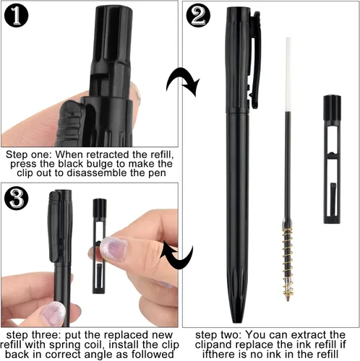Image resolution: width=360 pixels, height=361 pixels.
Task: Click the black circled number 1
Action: click(x=16, y=16)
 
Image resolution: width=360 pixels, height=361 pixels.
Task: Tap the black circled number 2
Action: click(x=198, y=16)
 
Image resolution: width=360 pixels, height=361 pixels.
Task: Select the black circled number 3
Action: click(x=16, y=199)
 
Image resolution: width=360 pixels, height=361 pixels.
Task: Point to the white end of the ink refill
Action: click(x=288, y=74)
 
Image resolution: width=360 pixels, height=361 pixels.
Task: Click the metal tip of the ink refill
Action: click(x=288, y=298)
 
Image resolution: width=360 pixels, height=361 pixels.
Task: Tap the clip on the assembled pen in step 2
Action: click(x=254, y=59)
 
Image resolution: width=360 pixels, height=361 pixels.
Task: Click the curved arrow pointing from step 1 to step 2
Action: click(x=183, y=82)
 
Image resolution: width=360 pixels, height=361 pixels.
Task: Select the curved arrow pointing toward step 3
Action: click(x=177, y=255)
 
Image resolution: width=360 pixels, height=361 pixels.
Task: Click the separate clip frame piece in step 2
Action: click(x=332, y=160)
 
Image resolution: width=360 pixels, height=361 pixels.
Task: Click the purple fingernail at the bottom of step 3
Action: click(x=53, y=313)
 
